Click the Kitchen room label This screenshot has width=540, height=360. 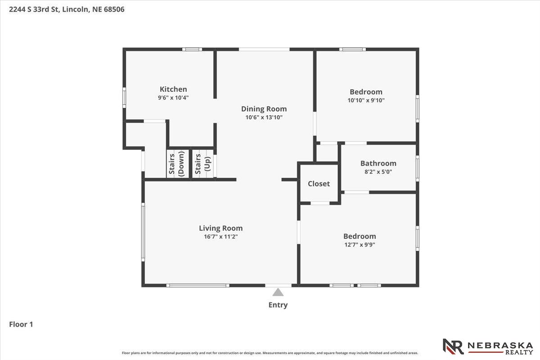pos(173,89)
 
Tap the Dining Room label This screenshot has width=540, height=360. pos(264,109)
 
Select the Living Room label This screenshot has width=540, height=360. pos(220,228)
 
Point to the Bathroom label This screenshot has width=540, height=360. pos(378,163)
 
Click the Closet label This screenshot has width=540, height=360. pos(319,184)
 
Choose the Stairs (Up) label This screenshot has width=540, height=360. pos(202,164)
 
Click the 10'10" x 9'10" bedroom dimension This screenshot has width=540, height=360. pos(366,100)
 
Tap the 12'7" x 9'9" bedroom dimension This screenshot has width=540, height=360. pos(359,245)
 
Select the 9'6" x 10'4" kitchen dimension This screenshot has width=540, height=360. pos(173,97)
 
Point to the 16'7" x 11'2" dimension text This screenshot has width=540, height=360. pos(220,236)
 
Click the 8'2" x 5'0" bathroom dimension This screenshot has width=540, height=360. pos(378,171)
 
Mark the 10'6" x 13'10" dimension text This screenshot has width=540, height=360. pos(264,117)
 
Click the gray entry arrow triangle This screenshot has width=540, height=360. pos(278,292)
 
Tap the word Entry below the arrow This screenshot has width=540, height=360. pos(278,305)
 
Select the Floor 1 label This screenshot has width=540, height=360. pos(21,324)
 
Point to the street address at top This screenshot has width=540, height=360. pos(67,9)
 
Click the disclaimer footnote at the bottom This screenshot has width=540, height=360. pos(270,353)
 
